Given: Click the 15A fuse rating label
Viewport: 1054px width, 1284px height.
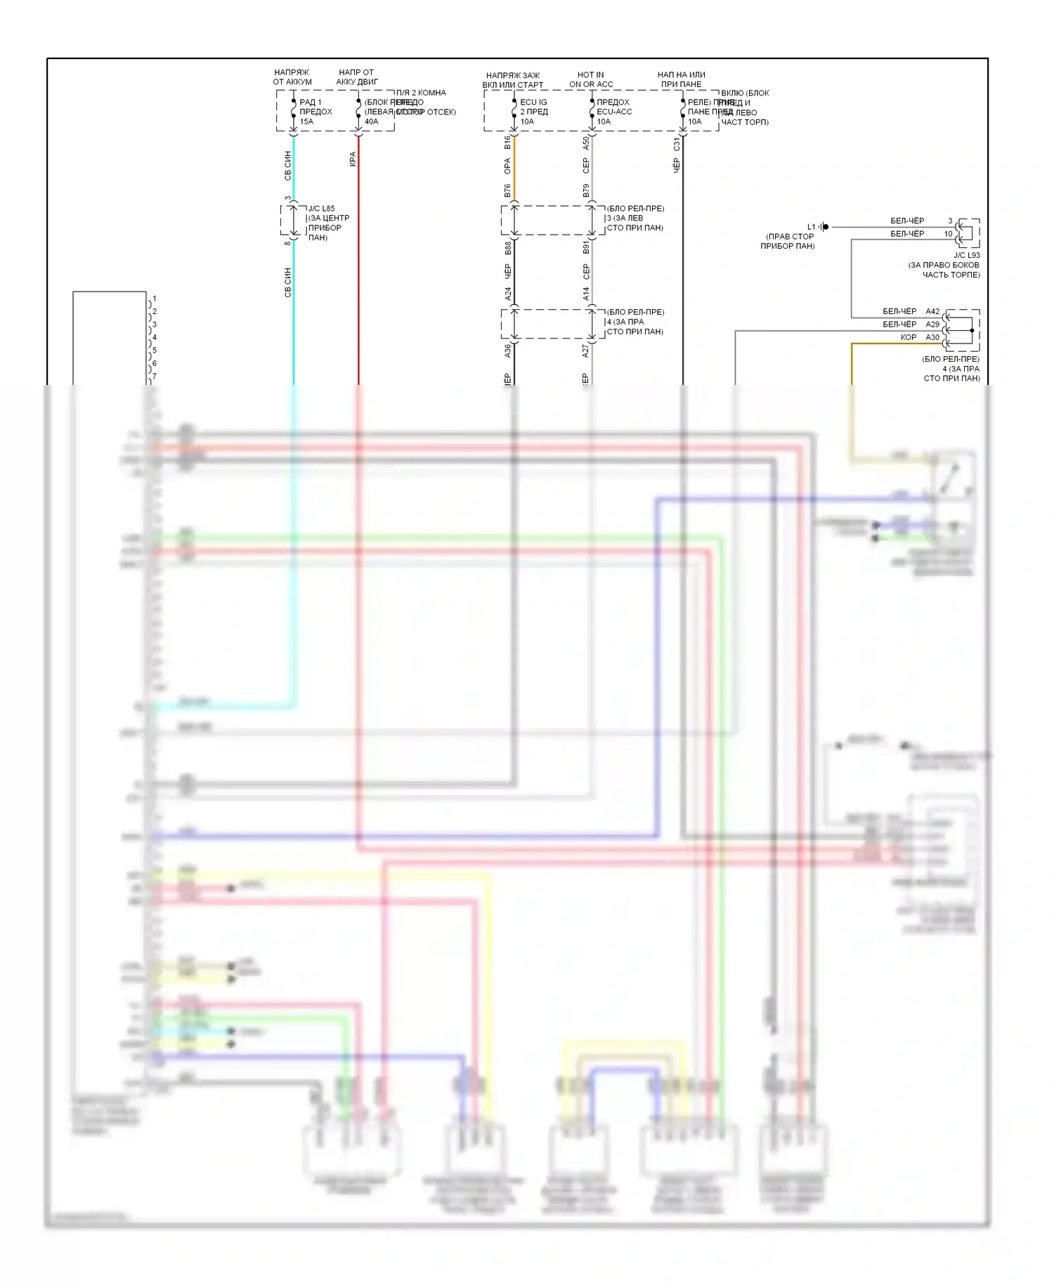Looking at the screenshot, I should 306,122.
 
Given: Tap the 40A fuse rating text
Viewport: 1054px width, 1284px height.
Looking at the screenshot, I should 371,122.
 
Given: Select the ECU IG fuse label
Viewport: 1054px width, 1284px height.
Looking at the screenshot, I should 533,102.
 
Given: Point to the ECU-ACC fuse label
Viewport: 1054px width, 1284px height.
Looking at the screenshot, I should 614,112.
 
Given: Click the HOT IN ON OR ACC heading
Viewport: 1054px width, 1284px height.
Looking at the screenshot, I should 591,79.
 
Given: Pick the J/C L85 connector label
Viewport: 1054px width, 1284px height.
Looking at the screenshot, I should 321,209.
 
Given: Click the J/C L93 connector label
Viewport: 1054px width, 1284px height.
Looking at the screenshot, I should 967,255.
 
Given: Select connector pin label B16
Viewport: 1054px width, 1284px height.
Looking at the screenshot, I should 507,143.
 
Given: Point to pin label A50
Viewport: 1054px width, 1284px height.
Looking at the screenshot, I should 586,143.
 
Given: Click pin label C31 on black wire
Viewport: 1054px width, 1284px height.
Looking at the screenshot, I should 677,144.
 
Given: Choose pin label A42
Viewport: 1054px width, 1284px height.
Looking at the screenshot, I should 932,311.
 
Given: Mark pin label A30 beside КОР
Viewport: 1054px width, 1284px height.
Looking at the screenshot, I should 932,337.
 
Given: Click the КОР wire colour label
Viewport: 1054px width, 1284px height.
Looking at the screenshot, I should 909,337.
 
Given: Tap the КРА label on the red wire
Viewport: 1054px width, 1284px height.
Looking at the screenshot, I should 353,159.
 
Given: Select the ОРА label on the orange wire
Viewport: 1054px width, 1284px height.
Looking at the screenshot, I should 507,166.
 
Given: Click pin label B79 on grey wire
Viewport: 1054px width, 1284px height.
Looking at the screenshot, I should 586,190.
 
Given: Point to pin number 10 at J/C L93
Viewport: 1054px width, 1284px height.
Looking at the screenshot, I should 948,234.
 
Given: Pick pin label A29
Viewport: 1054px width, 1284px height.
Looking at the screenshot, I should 932,325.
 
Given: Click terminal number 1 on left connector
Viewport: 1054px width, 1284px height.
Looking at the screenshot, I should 155,299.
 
